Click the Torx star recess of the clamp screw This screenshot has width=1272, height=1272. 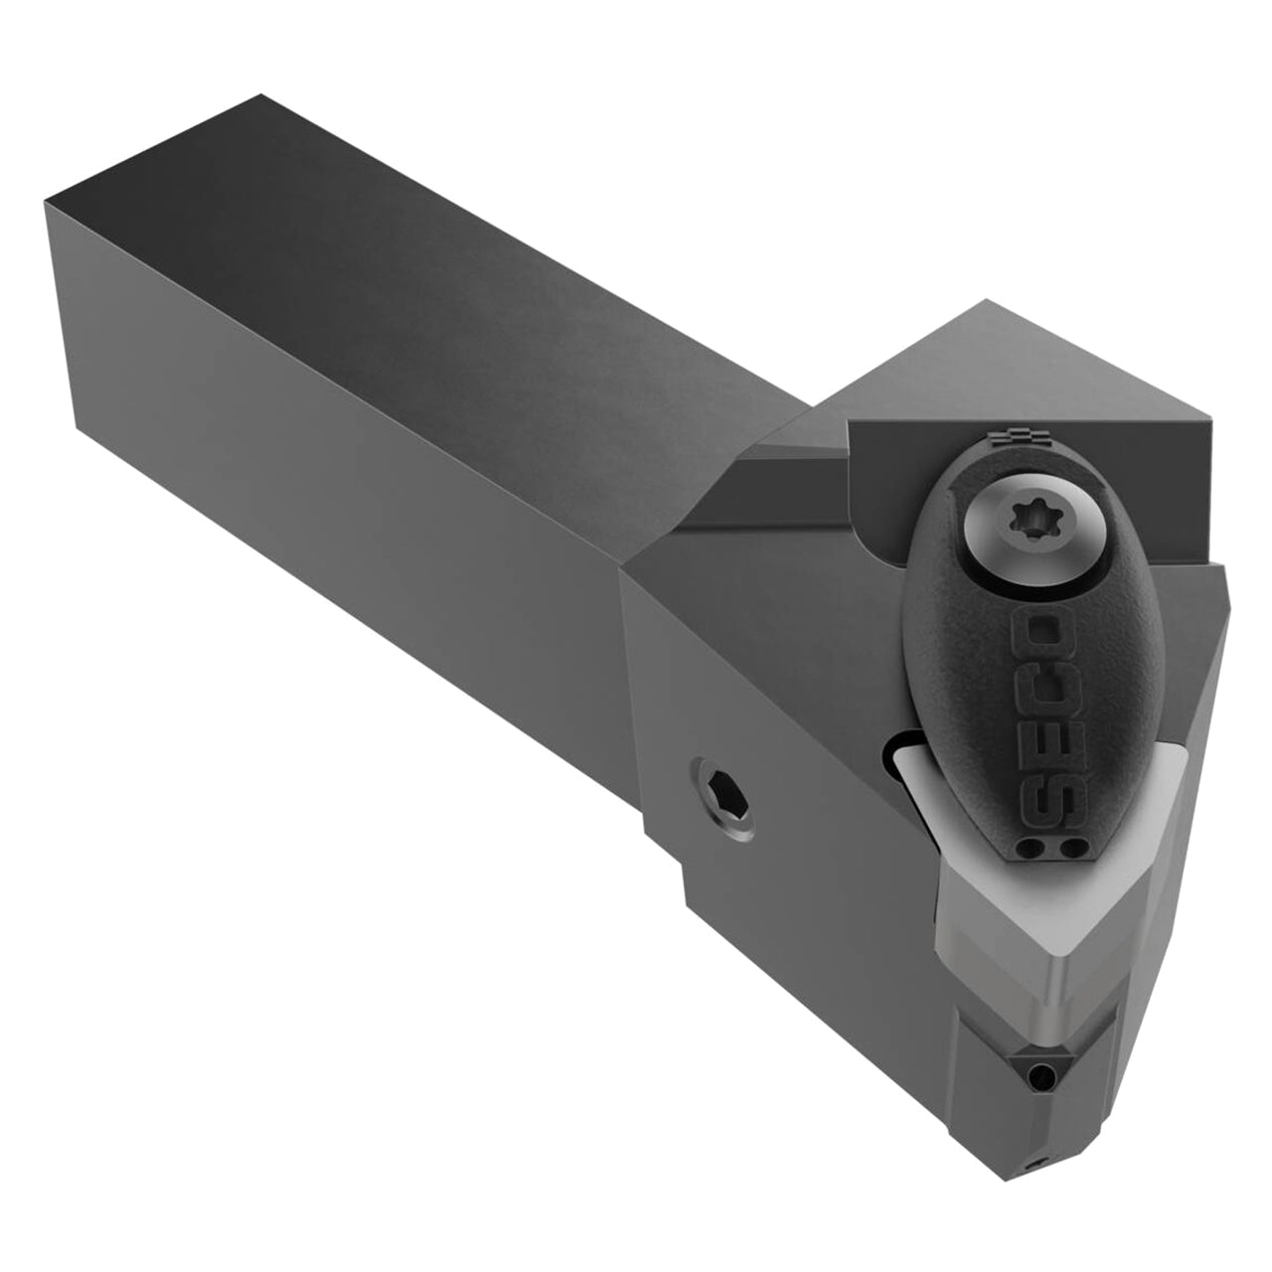coord(1028,518)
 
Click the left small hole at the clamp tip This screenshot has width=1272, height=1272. coord(1032,849)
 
